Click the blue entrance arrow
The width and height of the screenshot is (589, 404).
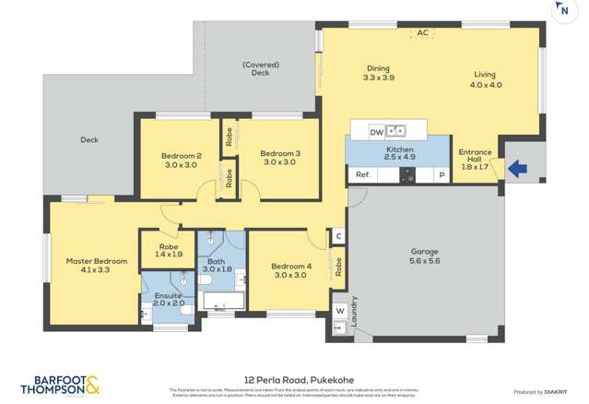pyautogui.click(x=518, y=169)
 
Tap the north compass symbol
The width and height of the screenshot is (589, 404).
pyautogui.click(x=561, y=10)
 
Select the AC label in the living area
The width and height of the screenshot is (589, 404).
pyautogui.click(x=422, y=33)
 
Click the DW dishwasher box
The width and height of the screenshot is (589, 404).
pyautogui.click(x=376, y=132)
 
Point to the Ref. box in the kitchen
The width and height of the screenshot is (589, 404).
pyautogui.click(x=362, y=174)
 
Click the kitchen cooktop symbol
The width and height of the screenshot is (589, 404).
pyautogui.click(x=406, y=174)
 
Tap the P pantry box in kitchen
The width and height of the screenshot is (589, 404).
pyautogui.click(x=442, y=174)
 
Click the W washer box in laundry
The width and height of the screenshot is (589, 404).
pyautogui.click(x=339, y=311)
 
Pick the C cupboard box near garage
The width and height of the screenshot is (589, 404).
pyautogui.click(x=338, y=237)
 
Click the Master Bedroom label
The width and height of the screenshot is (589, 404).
pyautogui.click(x=96, y=261)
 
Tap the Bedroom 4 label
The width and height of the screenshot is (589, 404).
pyautogui.click(x=291, y=267)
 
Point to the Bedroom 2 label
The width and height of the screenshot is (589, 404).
pyautogui.click(x=182, y=156)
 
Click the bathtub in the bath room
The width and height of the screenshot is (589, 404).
pyautogui.click(x=222, y=301)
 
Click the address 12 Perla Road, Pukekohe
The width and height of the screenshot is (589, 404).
pyautogui.click(x=294, y=379)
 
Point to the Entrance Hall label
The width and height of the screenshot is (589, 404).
pyautogui.click(x=474, y=160)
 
